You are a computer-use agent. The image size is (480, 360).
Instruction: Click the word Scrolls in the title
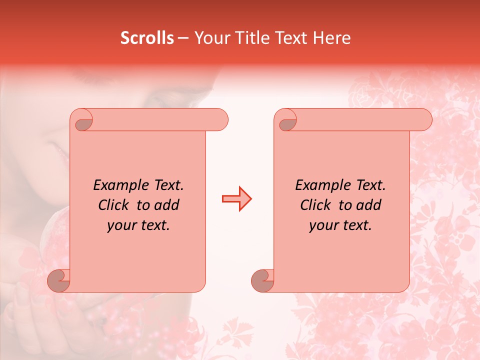147,38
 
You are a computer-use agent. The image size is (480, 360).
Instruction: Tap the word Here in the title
332,38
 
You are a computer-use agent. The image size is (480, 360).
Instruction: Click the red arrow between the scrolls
237,199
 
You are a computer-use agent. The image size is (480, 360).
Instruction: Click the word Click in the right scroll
316,205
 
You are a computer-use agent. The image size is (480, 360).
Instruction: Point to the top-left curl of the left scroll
83,122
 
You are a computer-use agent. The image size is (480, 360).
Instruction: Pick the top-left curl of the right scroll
287,122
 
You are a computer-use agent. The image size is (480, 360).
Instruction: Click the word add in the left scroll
167,205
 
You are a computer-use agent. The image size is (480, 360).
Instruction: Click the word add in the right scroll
369,205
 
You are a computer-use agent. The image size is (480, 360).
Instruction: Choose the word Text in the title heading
290,38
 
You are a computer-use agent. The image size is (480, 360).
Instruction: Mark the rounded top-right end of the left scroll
220,120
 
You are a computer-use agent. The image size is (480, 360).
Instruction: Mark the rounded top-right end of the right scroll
424,120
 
